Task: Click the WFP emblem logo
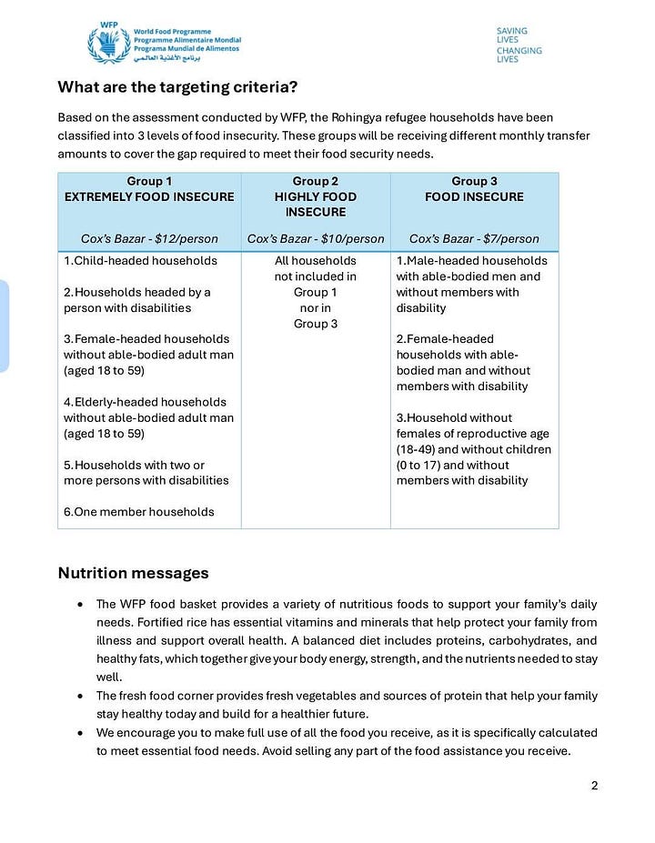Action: tap(109, 43)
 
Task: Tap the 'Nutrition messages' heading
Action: tap(133, 573)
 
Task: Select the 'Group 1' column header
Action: tap(149, 181)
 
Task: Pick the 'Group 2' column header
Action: tap(316, 181)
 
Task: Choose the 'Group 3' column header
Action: tap(474, 181)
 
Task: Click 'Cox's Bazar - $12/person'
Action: tap(149, 239)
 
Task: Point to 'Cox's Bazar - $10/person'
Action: tap(316, 239)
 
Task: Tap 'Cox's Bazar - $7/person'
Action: tap(474, 239)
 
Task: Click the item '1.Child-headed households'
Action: tap(140, 261)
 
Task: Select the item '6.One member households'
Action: tap(138, 512)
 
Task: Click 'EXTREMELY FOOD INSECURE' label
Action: tap(149, 196)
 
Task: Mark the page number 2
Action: tap(594, 787)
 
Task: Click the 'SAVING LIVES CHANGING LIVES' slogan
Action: tap(519, 45)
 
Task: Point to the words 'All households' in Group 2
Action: tap(316, 261)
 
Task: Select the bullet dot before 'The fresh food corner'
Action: tap(83, 696)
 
